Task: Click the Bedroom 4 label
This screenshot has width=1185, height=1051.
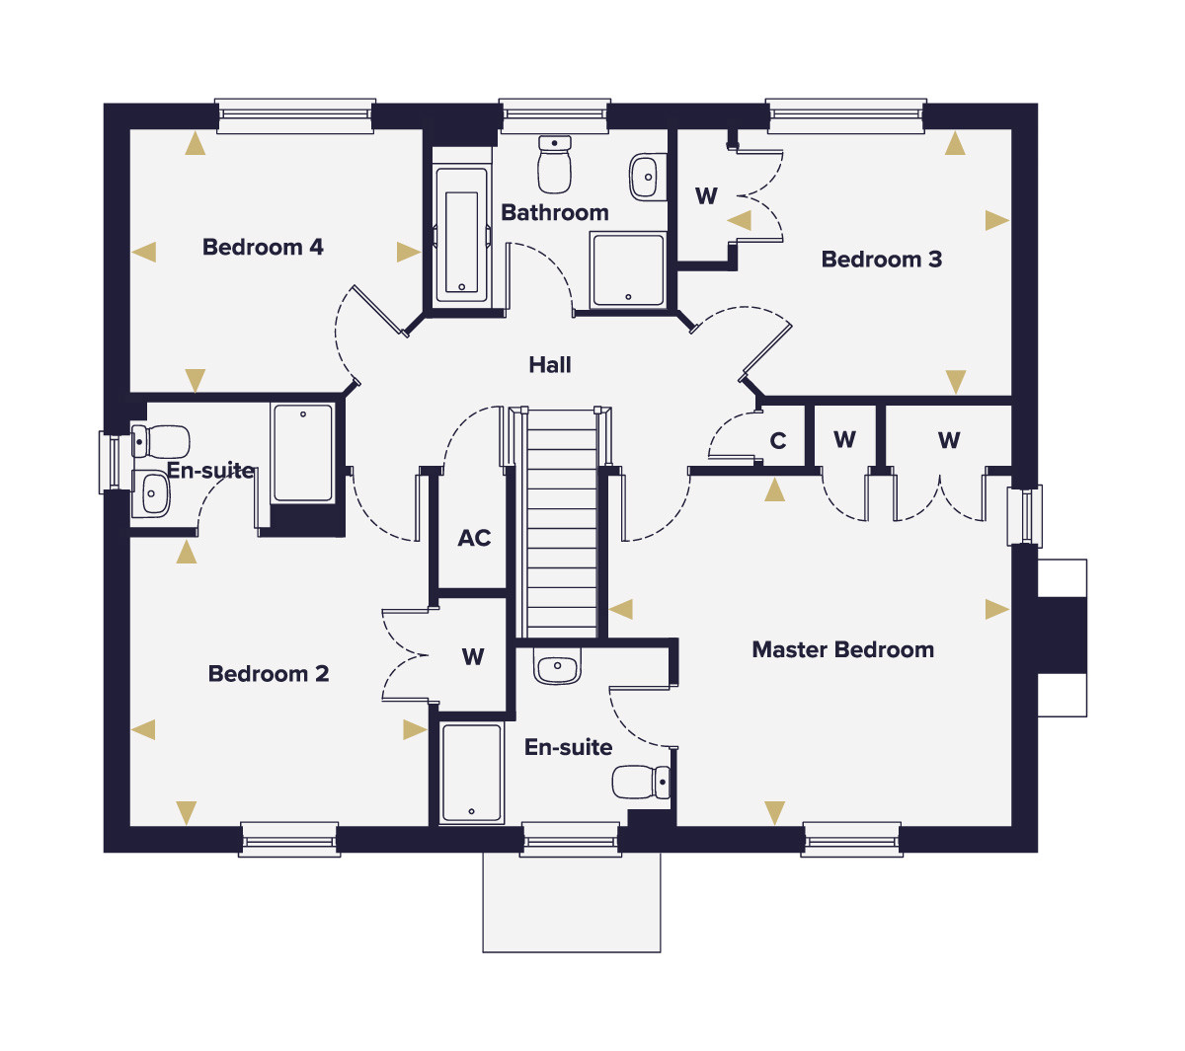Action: click(263, 248)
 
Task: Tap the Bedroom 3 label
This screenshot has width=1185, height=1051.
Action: click(882, 260)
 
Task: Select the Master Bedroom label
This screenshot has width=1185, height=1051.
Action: click(843, 650)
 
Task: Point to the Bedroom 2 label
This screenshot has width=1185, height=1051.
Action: click(269, 674)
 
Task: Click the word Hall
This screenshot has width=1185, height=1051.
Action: click(550, 365)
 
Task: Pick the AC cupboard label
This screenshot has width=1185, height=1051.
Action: click(474, 539)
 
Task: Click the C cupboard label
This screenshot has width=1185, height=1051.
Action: click(778, 441)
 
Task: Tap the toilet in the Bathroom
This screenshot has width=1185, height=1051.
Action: click(555, 164)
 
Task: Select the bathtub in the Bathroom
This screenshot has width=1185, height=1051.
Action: click(461, 235)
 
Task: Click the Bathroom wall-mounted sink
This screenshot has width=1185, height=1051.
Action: click(648, 177)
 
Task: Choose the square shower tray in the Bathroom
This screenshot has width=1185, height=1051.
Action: click(628, 270)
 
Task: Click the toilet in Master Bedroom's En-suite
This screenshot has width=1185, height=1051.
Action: click(641, 783)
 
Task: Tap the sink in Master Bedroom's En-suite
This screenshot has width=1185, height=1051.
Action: click(557, 665)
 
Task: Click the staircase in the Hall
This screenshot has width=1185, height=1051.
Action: click(562, 523)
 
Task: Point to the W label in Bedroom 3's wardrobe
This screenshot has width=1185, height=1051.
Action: click(706, 195)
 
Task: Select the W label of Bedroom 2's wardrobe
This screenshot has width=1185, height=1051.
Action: click(473, 657)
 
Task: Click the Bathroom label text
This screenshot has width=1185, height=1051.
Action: click(555, 213)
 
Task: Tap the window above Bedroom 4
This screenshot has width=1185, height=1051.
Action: click(295, 115)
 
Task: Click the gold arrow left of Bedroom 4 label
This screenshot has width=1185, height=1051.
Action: click(144, 253)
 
